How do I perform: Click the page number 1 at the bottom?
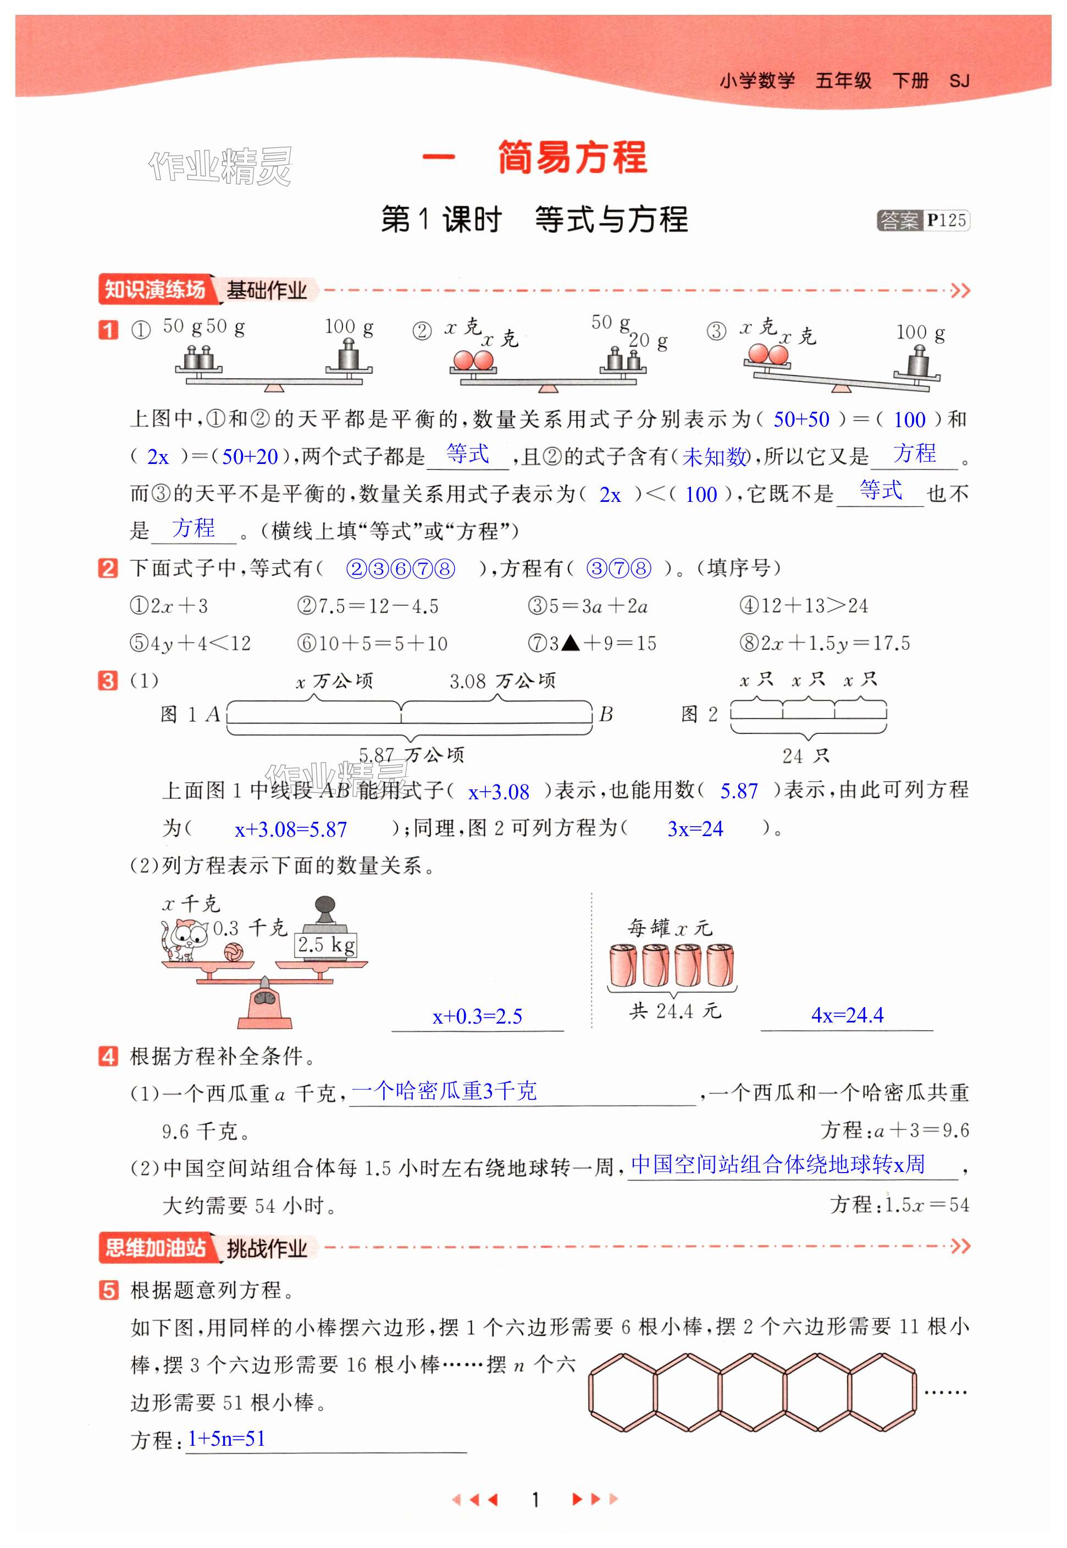click(535, 1499)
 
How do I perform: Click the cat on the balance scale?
click(182, 939)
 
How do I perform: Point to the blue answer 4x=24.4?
click(847, 1015)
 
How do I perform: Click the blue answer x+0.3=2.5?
click(477, 1016)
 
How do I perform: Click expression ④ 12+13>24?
click(804, 606)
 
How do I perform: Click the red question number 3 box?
click(108, 681)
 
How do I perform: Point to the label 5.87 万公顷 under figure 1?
click(411, 755)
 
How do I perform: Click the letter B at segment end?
click(606, 715)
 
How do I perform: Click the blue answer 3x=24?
click(695, 829)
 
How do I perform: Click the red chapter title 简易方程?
click(572, 158)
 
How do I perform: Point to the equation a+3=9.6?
click(921, 1130)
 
